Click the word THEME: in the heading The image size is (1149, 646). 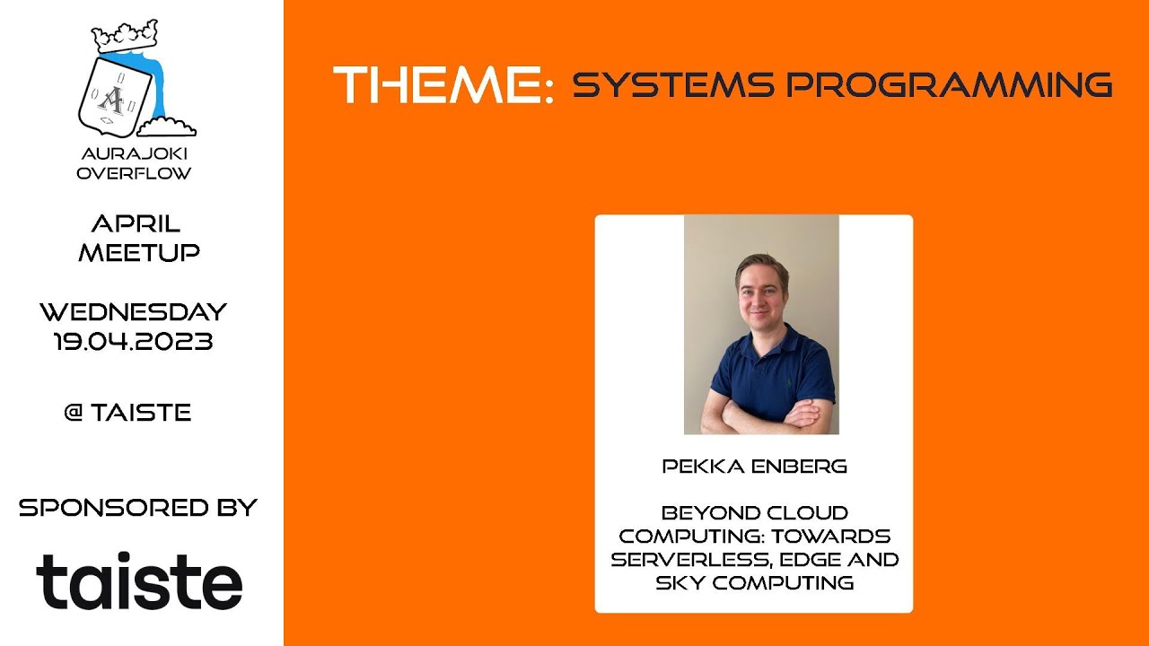click(443, 85)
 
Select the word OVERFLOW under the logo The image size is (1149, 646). click(135, 173)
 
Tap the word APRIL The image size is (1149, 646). click(136, 223)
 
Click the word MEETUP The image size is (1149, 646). click(138, 252)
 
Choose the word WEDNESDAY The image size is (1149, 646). click(133, 312)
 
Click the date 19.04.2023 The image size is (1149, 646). click(133, 341)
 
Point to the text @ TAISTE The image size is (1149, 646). click(127, 413)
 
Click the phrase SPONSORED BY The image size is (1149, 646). click(137, 507)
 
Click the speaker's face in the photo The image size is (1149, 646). click(762, 290)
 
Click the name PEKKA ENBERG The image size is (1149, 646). click(754, 467)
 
